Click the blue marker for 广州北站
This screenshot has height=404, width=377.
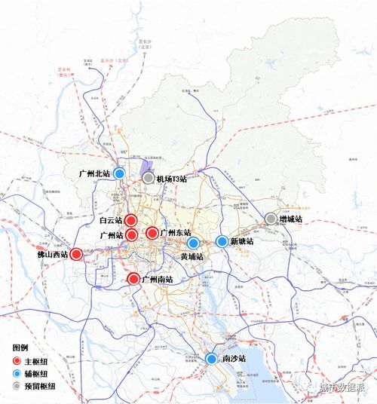[119, 173]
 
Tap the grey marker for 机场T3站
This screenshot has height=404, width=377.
[149, 178]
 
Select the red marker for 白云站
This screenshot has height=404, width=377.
[130, 220]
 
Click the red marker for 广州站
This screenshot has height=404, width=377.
[130, 234]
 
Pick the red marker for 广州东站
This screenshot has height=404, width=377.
[152, 233]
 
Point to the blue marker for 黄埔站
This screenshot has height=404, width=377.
[193, 243]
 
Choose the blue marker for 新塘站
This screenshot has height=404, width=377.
[222, 241]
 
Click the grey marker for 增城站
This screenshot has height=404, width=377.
[271, 219]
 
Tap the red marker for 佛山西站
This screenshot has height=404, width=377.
[76, 254]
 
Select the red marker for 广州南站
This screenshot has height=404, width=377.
[133, 279]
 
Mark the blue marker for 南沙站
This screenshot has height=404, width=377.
[211, 359]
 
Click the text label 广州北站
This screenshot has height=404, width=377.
[94, 173]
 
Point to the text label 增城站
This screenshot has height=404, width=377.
[290, 219]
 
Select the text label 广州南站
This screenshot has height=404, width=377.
[157, 280]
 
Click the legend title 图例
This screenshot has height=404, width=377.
[20, 347]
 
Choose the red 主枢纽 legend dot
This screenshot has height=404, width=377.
[17, 361]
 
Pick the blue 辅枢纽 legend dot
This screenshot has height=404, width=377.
[17, 373]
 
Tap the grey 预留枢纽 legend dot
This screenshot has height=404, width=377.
[17, 385]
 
